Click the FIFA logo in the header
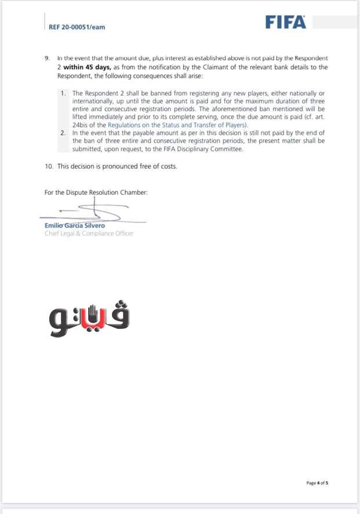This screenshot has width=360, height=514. pyautogui.click(x=285, y=22)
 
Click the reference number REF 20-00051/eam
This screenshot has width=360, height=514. pyautogui.click(x=77, y=27)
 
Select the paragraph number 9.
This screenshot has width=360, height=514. pyautogui.click(x=47, y=59)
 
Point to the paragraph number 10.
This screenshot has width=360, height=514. pyautogui.click(x=49, y=166)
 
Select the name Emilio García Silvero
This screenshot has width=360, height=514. pyautogui.click(x=71, y=226)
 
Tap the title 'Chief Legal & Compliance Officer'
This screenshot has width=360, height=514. pyautogui.click(x=89, y=234)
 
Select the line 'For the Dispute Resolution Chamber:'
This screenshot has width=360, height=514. pyautogui.click(x=96, y=193)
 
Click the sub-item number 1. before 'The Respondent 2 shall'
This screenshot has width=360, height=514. pyautogui.click(x=64, y=93)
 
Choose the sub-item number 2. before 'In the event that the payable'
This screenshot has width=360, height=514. pyautogui.click(x=64, y=133)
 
